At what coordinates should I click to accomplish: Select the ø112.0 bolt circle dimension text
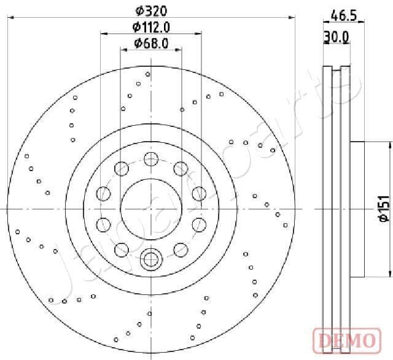151,26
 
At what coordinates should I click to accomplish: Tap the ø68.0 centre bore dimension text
151,44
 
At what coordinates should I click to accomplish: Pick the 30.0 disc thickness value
336,37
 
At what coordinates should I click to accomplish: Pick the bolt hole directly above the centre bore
151,158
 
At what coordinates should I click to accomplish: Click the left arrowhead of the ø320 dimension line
10,18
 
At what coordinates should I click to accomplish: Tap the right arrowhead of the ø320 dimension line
292,18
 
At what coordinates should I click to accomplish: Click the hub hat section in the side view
357,209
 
